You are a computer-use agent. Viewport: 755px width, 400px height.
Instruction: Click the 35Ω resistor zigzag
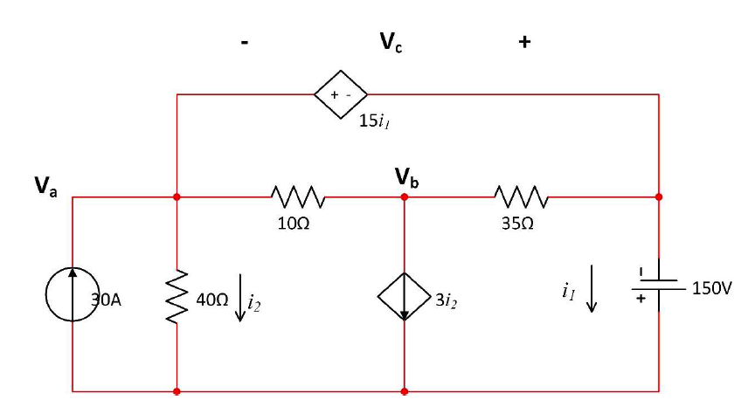coord(522,197)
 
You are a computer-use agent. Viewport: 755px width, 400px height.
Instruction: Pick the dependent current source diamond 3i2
coord(404,300)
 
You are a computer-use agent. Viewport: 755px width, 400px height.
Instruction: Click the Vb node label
coord(406,180)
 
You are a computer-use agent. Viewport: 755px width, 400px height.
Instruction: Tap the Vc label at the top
coord(391,40)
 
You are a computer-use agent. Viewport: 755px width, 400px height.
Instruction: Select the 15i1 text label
coord(373,121)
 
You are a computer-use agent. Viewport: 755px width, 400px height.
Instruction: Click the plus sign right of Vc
coord(524,41)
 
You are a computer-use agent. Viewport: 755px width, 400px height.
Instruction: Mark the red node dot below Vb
coord(404,197)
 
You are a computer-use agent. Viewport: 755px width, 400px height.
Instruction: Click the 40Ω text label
coord(211,300)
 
